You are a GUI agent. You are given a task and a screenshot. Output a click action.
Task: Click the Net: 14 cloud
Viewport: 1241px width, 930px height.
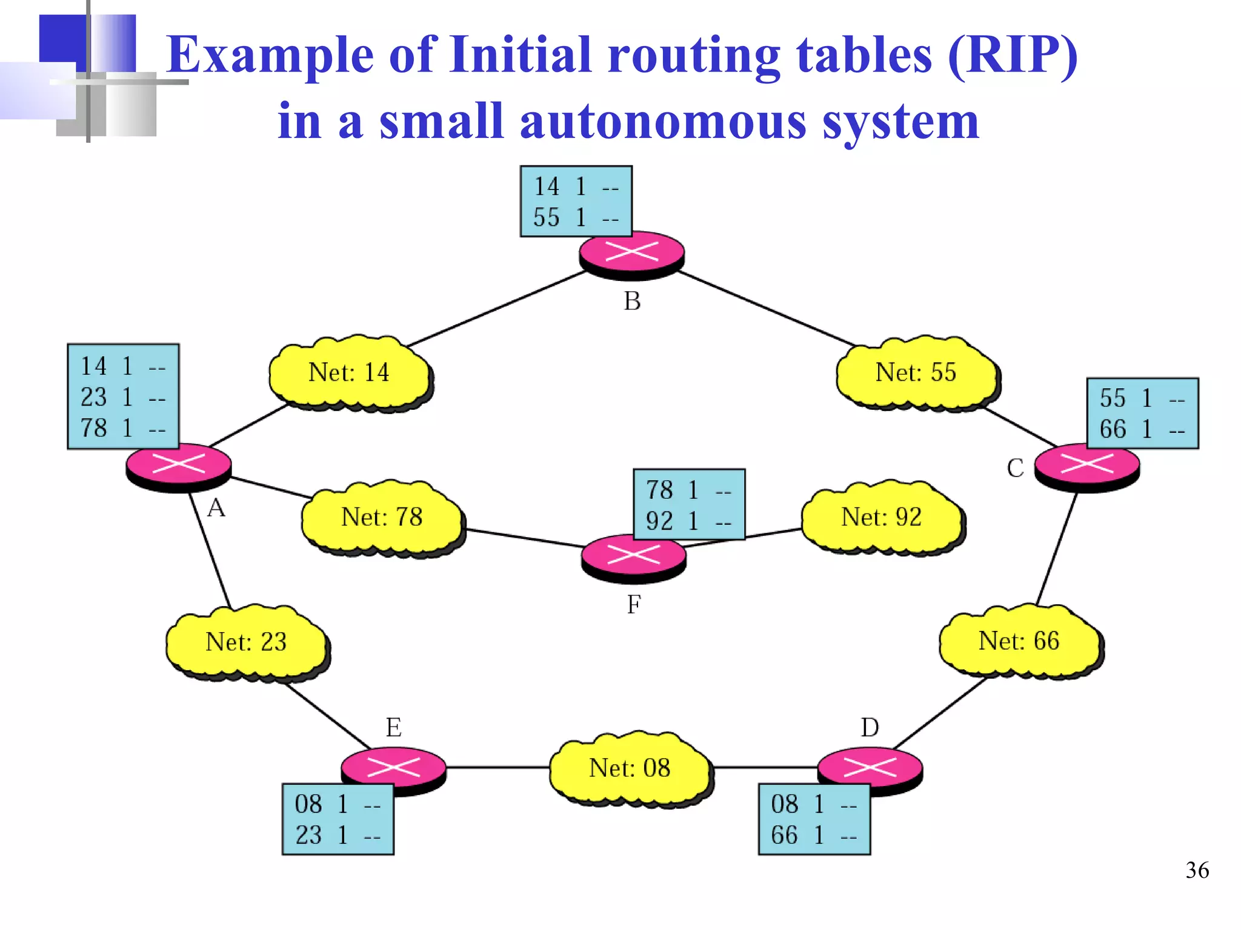pos(350,373)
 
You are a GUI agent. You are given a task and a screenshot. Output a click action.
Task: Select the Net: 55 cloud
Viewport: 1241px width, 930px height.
pos(916,373)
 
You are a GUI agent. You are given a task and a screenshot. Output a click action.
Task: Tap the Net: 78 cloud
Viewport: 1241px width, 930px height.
pos(382,518)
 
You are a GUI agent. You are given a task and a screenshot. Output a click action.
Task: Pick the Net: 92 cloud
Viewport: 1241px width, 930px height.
pos(882,518)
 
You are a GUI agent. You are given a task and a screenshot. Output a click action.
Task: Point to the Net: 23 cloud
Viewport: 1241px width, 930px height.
pos(246,642)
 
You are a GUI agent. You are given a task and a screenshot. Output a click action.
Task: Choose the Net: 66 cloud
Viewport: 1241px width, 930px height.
pos(1019,641)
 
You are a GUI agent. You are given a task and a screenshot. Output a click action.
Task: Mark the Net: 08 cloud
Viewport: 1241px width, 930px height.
pos(630,768)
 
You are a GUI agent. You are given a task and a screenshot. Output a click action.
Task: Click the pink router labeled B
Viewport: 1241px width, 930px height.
pos(632,254)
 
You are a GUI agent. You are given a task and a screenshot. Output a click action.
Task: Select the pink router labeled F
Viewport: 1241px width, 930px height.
pos(633,557)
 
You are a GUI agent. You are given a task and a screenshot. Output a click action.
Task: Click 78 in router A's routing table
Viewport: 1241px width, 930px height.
pos(94,428)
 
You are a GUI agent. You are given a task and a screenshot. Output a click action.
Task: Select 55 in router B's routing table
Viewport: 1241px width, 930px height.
pos(546,217)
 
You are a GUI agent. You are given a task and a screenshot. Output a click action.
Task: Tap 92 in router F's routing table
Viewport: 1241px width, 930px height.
pos(659,521)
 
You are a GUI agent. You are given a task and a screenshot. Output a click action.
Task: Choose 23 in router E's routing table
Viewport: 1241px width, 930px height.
pos(308,836)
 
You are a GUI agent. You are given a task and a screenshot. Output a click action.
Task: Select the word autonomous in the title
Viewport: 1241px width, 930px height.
pos(663,122)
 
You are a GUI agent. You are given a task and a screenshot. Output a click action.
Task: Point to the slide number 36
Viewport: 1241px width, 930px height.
pos(1197,871)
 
